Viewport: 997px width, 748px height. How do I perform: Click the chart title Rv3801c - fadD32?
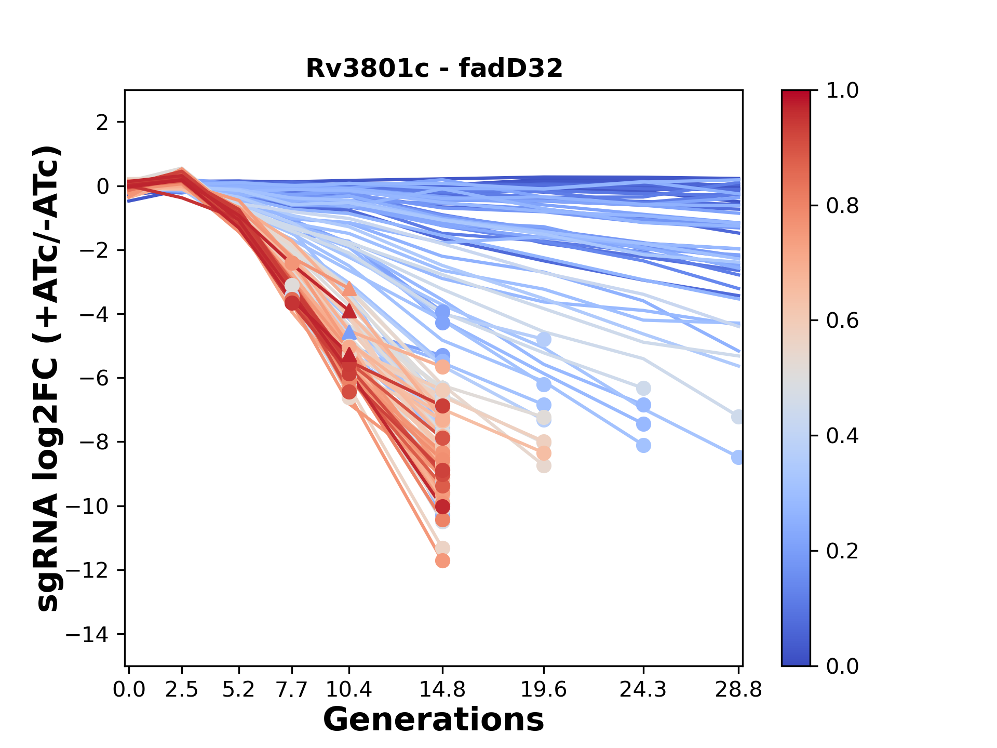coord(434,68)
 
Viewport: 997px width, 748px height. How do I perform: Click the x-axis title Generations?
coord(434,720)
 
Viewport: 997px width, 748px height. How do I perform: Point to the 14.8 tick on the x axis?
coord(442,690)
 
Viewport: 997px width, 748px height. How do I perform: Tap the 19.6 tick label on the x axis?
coord(544,690)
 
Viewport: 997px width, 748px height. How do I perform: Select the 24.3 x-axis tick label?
coord(643,690)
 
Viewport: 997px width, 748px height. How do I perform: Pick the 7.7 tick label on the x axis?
coord(292,690)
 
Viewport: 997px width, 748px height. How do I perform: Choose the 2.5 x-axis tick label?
coord(182,690)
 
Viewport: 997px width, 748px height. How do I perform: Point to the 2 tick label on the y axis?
coord(102,122)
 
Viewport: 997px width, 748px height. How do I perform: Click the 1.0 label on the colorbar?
coord(842,90)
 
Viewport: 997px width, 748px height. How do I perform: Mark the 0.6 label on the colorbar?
coord(842,320)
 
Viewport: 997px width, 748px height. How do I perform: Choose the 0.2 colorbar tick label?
coord(842,551)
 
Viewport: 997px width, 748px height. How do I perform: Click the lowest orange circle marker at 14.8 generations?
coord(442,561)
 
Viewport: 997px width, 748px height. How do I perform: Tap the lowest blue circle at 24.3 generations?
coord(643,445)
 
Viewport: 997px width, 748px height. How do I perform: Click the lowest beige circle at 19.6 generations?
coord(544,466)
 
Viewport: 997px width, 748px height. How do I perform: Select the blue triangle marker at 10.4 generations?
coord(349,332)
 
